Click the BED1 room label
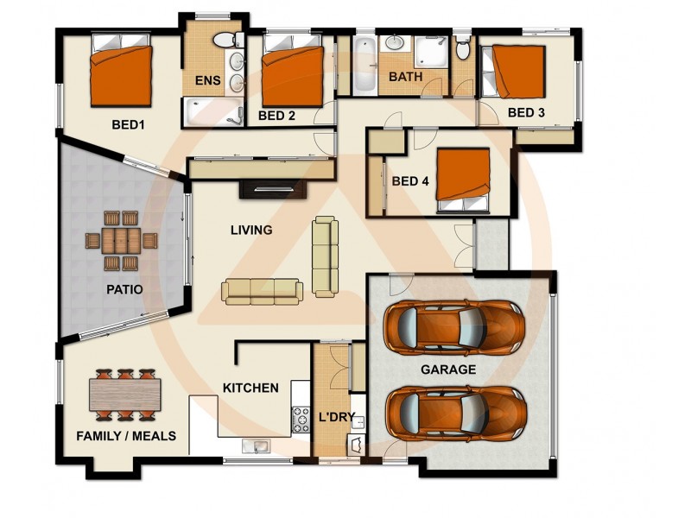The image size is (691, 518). click(x=128, y=124)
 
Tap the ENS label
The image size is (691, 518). click(x=207, y=82)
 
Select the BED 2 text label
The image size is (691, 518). click(x=277, y=116)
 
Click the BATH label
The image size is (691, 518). click(x=405, y=77)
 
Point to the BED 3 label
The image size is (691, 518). click(x=526, y=112)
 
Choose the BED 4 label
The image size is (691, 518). click(x=410, y=181)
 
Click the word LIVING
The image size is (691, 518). click(x=251, y=231)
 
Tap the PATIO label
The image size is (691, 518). click(x=125, y=289)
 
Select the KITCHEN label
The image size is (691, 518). click(x=250, y=388)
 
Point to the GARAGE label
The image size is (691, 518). click(x=448, y=370)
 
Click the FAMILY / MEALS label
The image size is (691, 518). click(x=126, y=436)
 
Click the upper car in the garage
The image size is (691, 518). click(x=454, y=325)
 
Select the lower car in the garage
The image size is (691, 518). click(x=454, y=413)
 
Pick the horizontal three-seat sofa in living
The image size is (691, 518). click(x=263, y=291)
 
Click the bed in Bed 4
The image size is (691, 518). click(x=463, y=180)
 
